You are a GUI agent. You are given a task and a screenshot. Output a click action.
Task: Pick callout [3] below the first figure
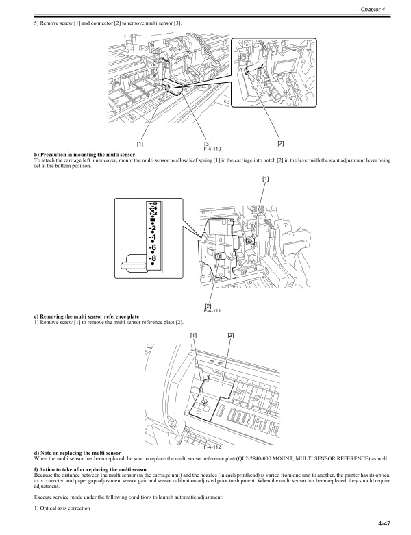point(208,144)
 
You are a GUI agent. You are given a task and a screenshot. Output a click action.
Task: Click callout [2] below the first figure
point(281,143)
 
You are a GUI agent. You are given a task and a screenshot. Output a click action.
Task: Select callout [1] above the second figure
point(266,178)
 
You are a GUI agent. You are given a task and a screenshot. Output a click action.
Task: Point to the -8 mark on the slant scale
point(153,258)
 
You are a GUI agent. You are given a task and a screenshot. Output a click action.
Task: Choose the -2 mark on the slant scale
point(153,228)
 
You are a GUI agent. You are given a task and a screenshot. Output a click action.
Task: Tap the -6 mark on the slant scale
point(153,247)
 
